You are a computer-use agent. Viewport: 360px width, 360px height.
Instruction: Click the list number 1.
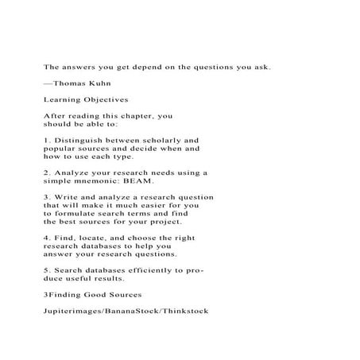pos(45,140)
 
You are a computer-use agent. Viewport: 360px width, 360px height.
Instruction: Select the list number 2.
pos(45,172)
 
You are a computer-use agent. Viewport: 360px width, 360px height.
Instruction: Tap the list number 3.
pos(45,197)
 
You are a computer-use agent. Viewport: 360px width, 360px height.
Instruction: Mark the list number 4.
pos(45,238)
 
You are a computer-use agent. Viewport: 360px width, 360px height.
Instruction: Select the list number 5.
pos(45,271)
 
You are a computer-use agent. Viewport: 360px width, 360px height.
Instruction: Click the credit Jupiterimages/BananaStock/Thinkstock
pos(126,312)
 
